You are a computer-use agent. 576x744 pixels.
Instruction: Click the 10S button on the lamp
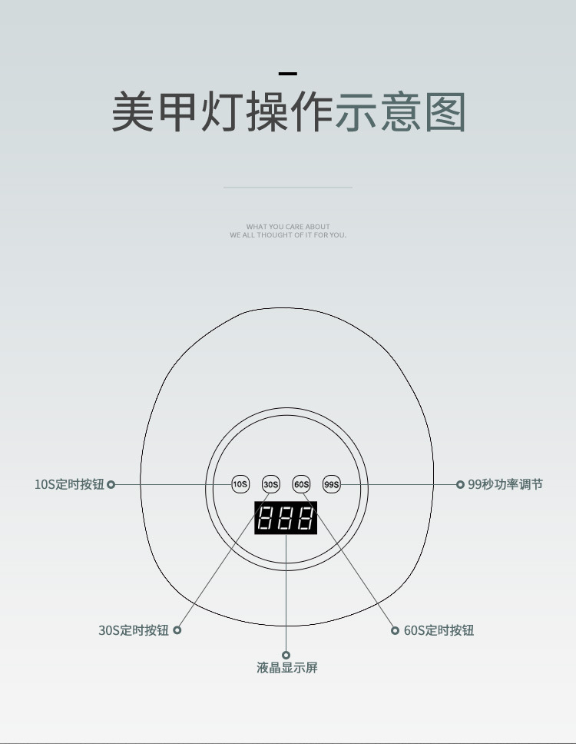[240, 484]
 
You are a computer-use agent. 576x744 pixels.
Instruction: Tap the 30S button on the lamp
[270, 484]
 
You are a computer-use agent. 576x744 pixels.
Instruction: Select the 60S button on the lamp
[302, 484]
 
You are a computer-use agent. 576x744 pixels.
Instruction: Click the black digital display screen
[286, 518]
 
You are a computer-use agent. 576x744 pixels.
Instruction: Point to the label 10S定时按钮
[69, 484]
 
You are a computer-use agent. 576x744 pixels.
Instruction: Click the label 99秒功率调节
[505, 484]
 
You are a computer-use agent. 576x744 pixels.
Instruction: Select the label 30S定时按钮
[134, 630]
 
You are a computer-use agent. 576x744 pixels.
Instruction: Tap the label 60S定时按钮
[439, 630]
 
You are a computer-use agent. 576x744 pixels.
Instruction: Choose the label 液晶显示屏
[286, 668]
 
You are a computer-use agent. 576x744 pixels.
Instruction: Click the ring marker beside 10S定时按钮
[111, 484]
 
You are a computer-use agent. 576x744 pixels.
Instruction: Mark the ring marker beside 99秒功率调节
[460, 484]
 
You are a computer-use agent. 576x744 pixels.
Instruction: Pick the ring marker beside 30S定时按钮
[177, 630]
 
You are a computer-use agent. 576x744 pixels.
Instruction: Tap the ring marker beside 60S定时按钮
[395, 630]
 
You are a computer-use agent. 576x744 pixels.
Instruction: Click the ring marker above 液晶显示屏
[286, 656]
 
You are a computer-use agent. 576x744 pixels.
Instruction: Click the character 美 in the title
[133, 112]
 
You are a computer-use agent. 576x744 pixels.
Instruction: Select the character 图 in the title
[445, 112]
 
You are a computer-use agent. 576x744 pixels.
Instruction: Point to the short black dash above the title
[288, 74]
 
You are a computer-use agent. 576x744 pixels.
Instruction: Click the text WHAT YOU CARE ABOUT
[288, 227]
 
